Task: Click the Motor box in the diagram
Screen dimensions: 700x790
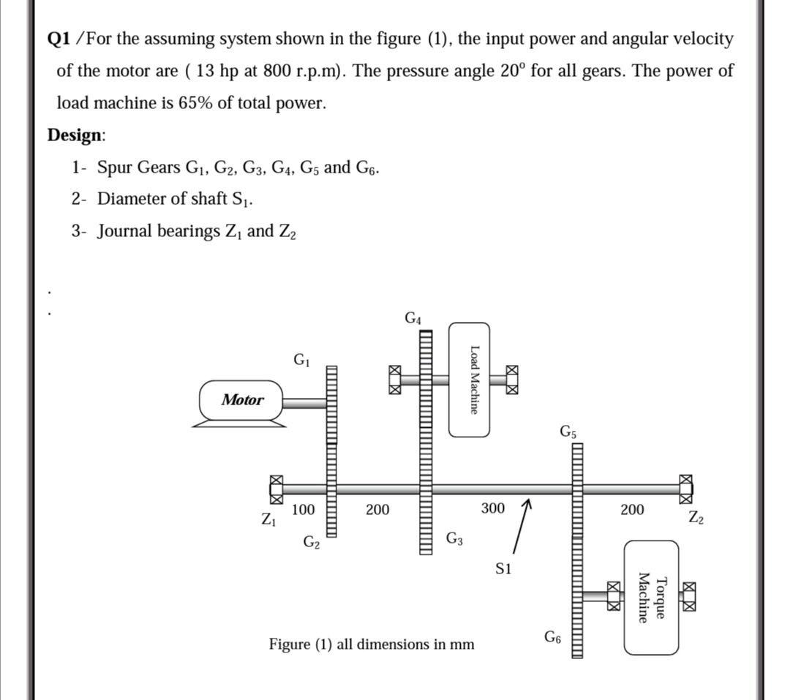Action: click(x=242, y=399)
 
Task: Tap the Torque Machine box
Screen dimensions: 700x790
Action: click(x=651, y=598)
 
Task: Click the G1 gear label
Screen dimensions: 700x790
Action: click(x=301, y=359)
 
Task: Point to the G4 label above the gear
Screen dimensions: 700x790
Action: click(x=413, y=318)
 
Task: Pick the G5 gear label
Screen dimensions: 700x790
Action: click(x=568, y=431)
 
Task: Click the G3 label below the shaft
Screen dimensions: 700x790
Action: click(x=454, y=540)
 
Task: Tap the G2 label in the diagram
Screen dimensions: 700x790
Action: click(x=312, y=542)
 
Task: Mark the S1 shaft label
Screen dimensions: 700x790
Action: click(x=503, y=568)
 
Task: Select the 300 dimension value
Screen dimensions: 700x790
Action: click(x=492, y=508)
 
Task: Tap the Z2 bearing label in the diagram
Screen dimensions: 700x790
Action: click(x=696, y=517)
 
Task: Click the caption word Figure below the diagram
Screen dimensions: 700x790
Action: click(x=290, y=644)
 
